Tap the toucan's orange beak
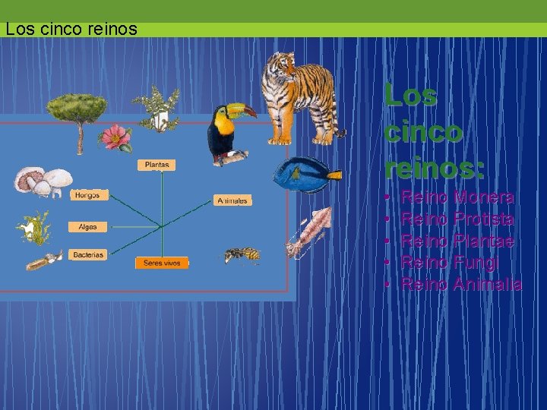point(242,111)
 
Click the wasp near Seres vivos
point(242,255)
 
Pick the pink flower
point(116,138)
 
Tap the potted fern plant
point(157,106)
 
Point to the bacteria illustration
point(43,261)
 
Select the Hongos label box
point(87,195)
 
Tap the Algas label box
point(87,226)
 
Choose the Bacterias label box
point(88,255)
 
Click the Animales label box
point(232,200)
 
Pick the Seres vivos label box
point(161,263)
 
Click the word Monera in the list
point(483,197)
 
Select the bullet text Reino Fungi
point(449,263)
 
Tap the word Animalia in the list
point(487,285)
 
